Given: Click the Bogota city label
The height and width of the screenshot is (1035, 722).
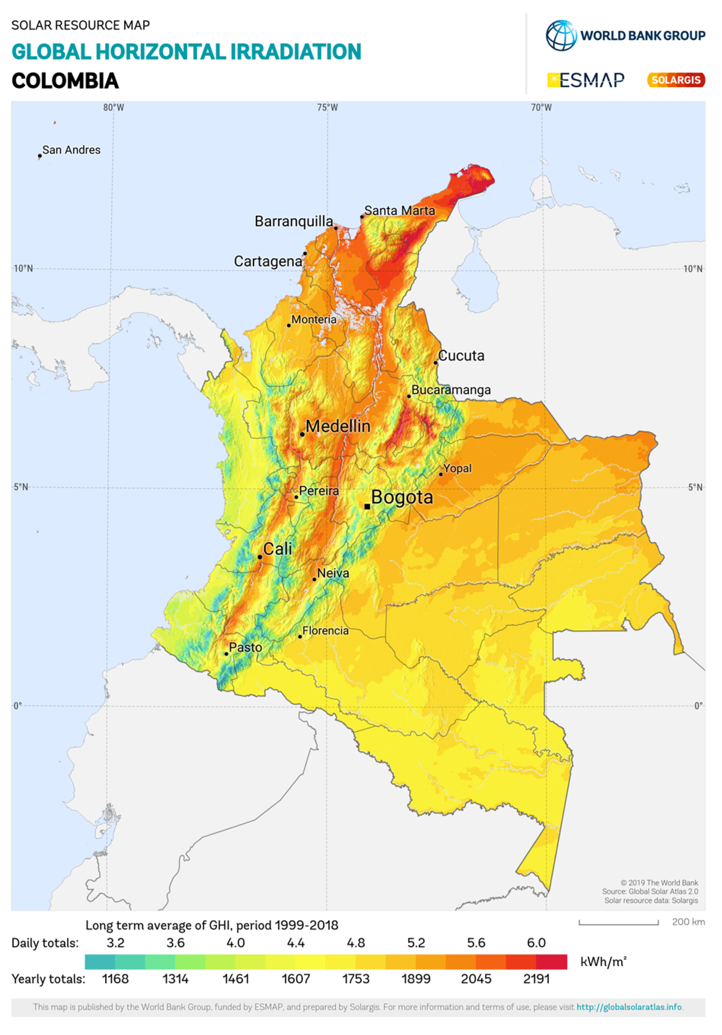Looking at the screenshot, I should pos(402,497).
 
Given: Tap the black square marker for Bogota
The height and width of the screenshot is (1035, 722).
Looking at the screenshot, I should pos(367,506).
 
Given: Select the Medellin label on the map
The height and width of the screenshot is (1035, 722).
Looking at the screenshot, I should pos(338,426).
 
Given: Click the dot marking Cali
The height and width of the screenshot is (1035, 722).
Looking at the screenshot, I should pos(260,557).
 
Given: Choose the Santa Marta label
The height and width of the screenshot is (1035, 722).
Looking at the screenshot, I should pos(400,210).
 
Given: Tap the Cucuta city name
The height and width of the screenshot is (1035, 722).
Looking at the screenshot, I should pos(461,356).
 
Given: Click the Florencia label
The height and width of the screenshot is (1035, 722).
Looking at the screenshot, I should pos(325,631).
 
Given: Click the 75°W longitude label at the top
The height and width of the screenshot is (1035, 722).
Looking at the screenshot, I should pos(327,108).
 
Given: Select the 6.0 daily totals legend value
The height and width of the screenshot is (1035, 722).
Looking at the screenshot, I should pos(536,943).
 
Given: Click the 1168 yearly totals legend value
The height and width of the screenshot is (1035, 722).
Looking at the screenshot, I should pos(115,979).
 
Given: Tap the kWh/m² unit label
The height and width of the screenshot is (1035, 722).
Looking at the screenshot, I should pos(603,962).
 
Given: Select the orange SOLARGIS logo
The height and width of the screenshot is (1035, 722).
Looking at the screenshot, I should pos(676,80).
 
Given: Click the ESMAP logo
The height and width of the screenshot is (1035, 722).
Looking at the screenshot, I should pos(586,80).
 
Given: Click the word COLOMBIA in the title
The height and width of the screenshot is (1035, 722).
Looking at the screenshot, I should pos(65,81).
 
